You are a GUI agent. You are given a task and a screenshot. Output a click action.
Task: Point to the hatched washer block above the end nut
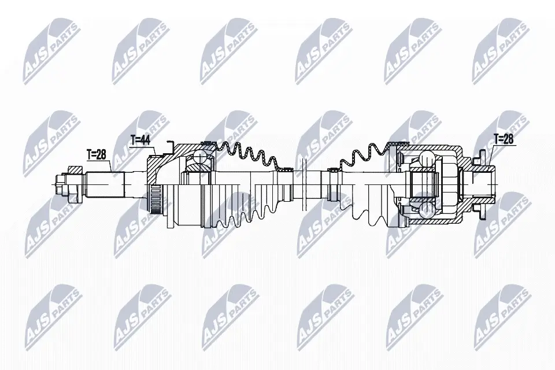tap(75, 169)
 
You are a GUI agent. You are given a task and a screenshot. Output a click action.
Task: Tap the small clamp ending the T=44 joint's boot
tap(284, 170)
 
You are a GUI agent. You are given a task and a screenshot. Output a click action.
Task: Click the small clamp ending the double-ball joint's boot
tap(334, 170)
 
